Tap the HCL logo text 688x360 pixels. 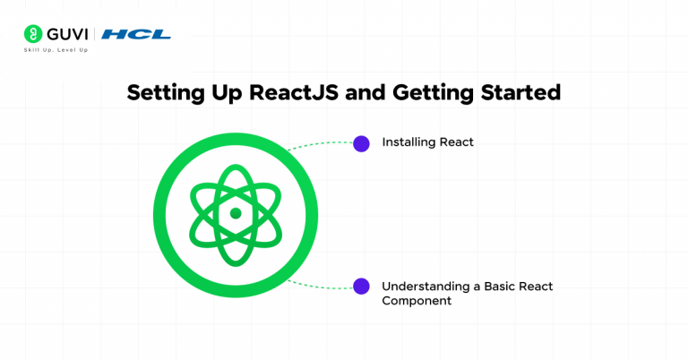point(136,35)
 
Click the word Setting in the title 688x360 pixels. point(159,93)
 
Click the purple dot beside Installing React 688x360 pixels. point(361,143)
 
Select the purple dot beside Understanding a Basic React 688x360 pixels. point(361,287)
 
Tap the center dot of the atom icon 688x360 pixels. point(236,213)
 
